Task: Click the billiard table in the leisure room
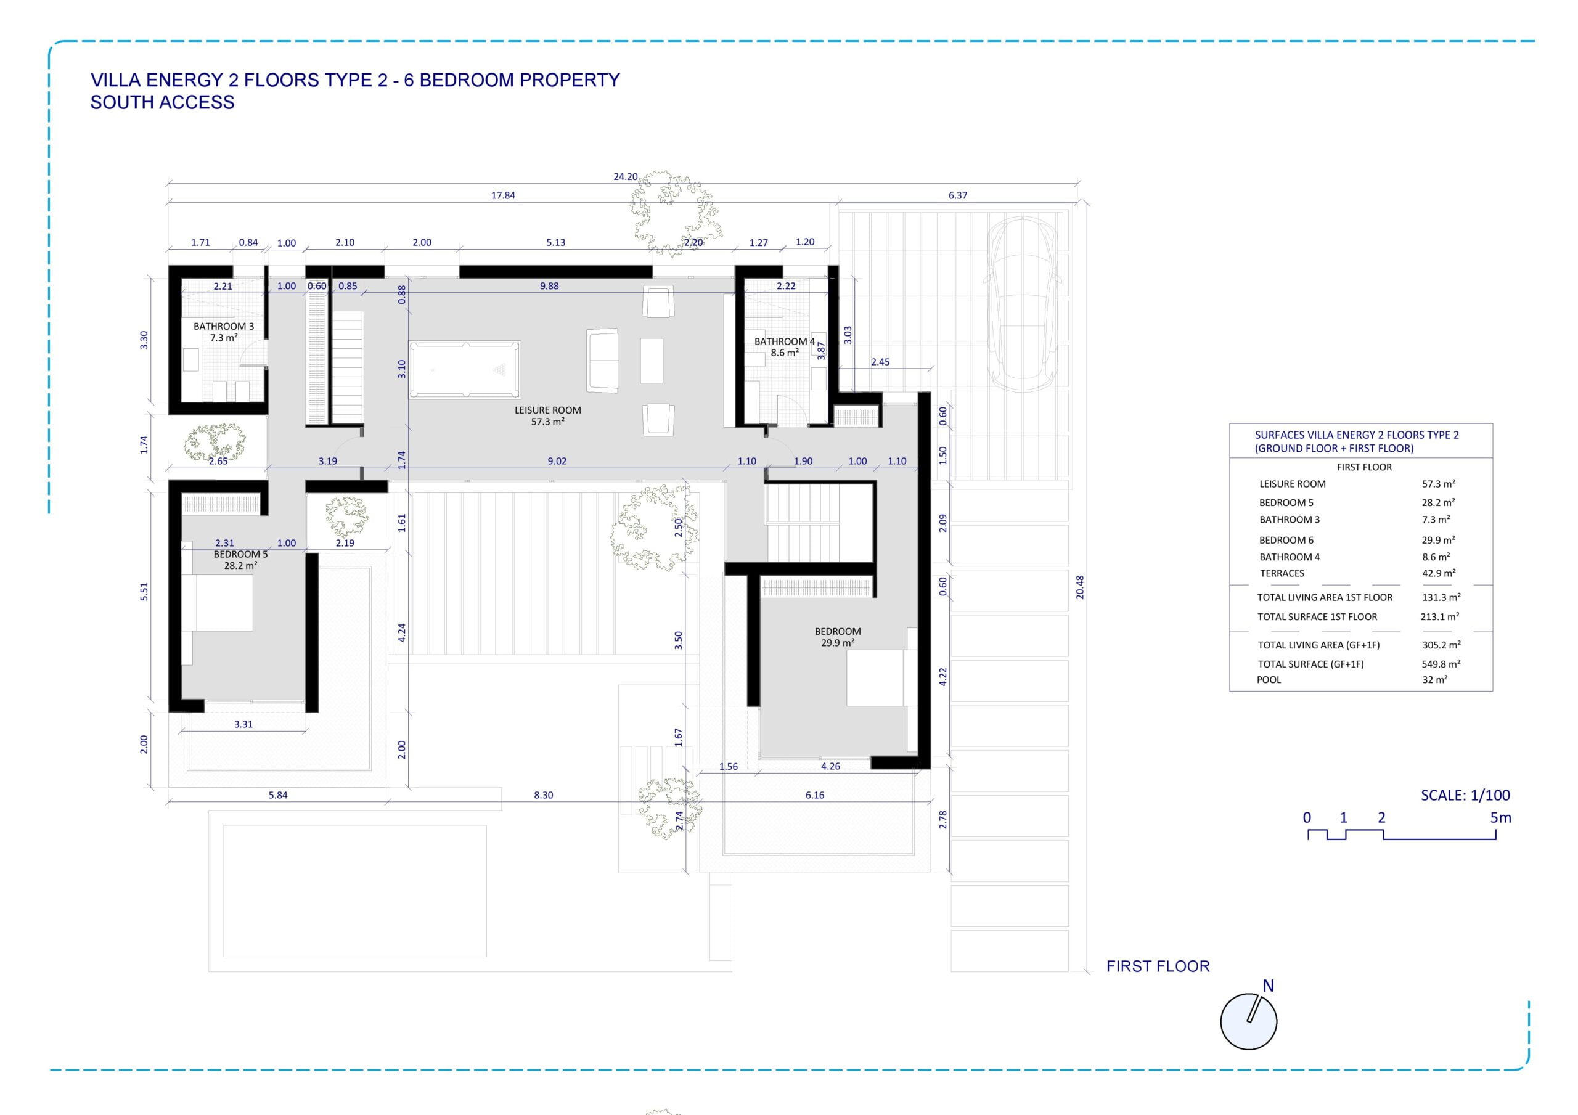[x=465, y=370]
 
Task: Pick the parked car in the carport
[x=1022, y=303]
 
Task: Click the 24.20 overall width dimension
[x=626, y=177]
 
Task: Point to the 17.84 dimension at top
[x=503, y=195]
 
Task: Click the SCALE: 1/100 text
[x=1465, y=795]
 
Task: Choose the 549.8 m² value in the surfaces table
[x=1441, y=664]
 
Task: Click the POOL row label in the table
[x=1269, y=680]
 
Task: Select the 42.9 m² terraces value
[x=1439, y=573]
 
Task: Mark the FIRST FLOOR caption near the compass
[x=1158, y=966]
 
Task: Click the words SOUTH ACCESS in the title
[x=162, y=102]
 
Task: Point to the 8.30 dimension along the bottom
[x=543, y=795]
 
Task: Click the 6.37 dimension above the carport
[x=957, y=195]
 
